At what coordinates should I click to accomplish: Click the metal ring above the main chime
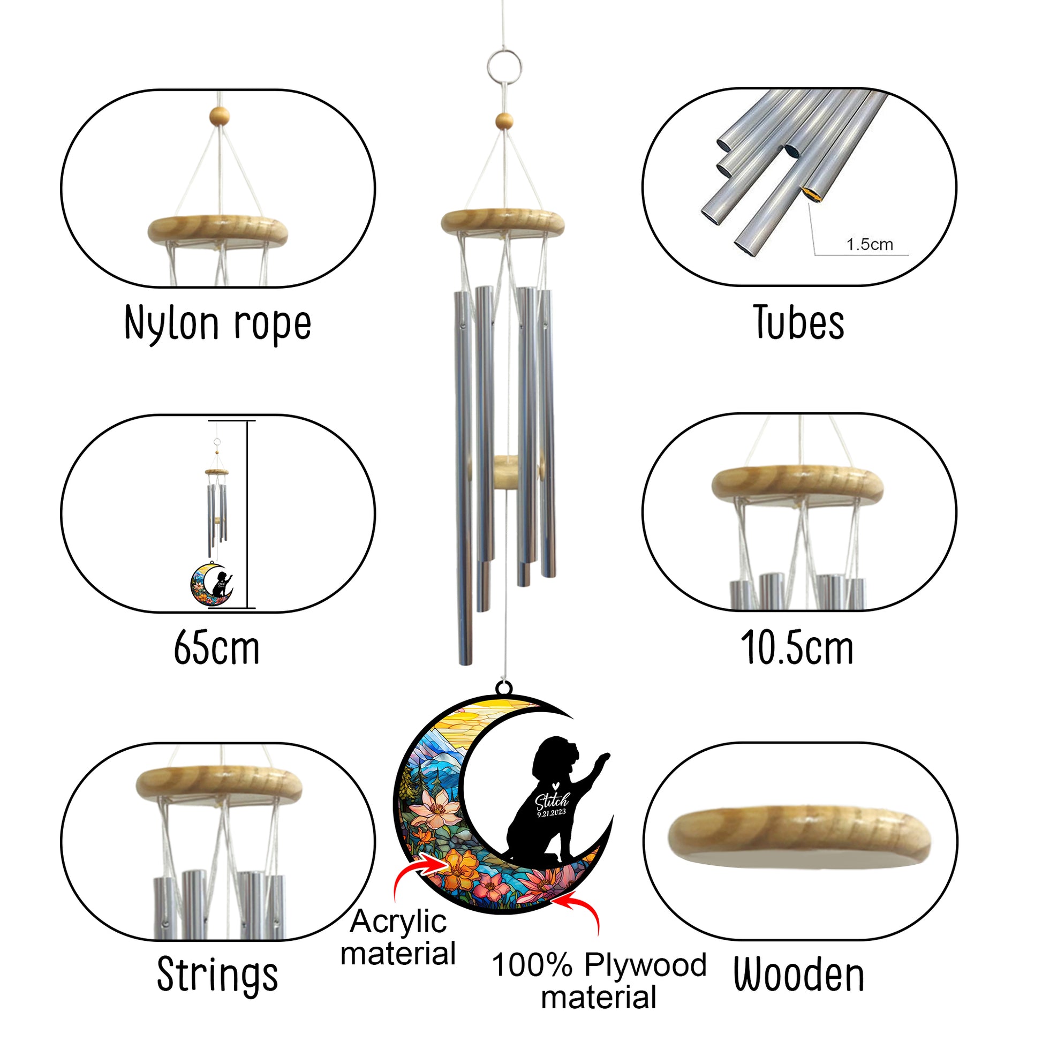pos(504,67)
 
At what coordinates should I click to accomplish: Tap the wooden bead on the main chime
pos(504,122)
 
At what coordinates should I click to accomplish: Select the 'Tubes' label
pos(799,322)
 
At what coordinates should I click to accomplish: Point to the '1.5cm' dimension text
pos(870,244)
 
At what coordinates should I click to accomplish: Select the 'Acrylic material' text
pos(398,937)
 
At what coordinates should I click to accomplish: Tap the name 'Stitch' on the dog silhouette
pos(551,802)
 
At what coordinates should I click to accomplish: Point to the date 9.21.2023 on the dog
pos(551,813)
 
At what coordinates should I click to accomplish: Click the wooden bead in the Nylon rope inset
pos(220,116)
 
